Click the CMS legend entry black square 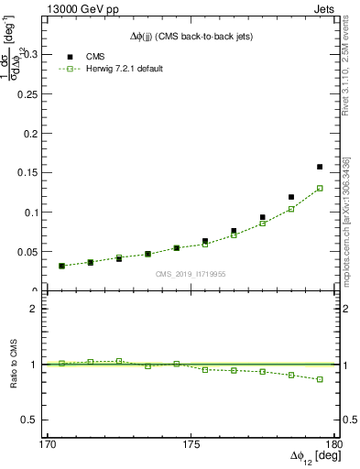coord(66,55)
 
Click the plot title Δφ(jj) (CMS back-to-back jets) coord(190,36)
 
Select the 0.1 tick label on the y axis coord(46,213)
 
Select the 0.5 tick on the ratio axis coord(48,420)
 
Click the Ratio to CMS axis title coord(16,365)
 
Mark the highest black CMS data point coord(320,167)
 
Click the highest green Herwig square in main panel coord(320,188)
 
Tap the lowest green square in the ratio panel coord(320,379)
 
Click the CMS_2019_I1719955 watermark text coord(190,273)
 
